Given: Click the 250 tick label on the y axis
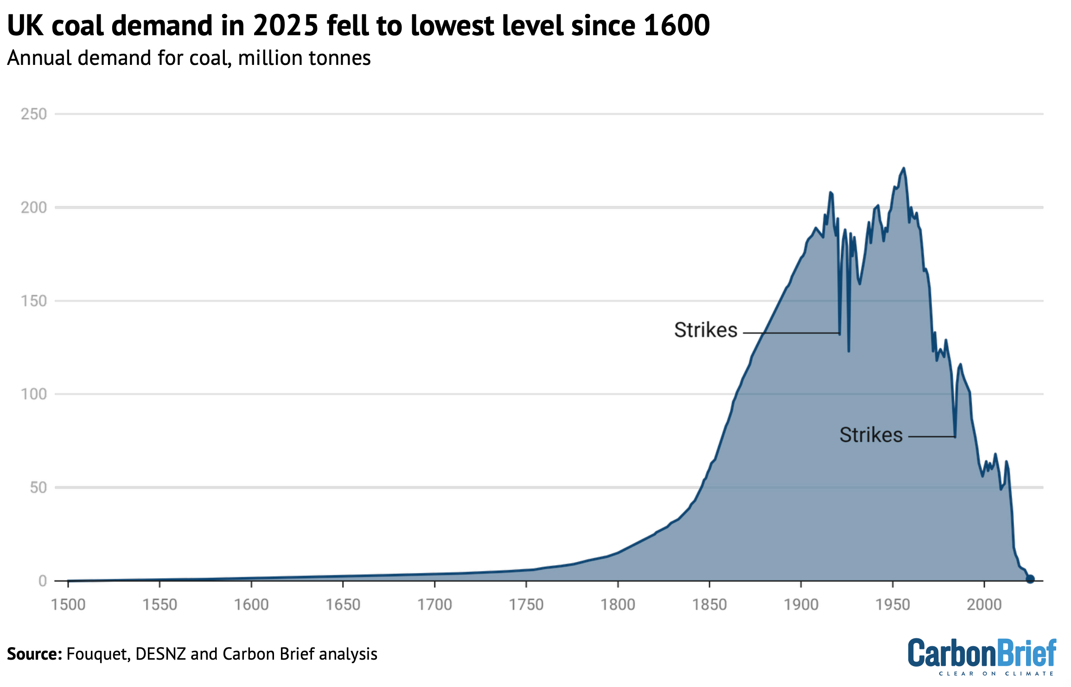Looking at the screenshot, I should (34, 114).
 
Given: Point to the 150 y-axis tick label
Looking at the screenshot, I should (34, 301).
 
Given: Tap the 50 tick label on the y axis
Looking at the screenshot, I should (38, 488).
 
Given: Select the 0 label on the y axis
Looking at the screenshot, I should (43, 581).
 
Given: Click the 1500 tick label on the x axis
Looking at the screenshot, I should (68, 605).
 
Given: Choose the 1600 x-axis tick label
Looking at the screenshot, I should (251, 605).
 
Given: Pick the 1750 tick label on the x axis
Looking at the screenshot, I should (526, 605).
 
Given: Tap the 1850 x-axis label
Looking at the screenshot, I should (709, 605).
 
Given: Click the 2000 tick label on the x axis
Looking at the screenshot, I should (984, 605).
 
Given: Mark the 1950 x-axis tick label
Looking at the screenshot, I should (892, 605).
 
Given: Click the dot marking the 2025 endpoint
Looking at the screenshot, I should (1030, 579).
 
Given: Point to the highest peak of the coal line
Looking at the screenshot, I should (903, 168).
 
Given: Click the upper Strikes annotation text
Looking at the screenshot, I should (705, 330).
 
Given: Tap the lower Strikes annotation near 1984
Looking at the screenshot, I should (871, 435).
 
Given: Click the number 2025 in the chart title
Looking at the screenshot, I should (286, 25).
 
